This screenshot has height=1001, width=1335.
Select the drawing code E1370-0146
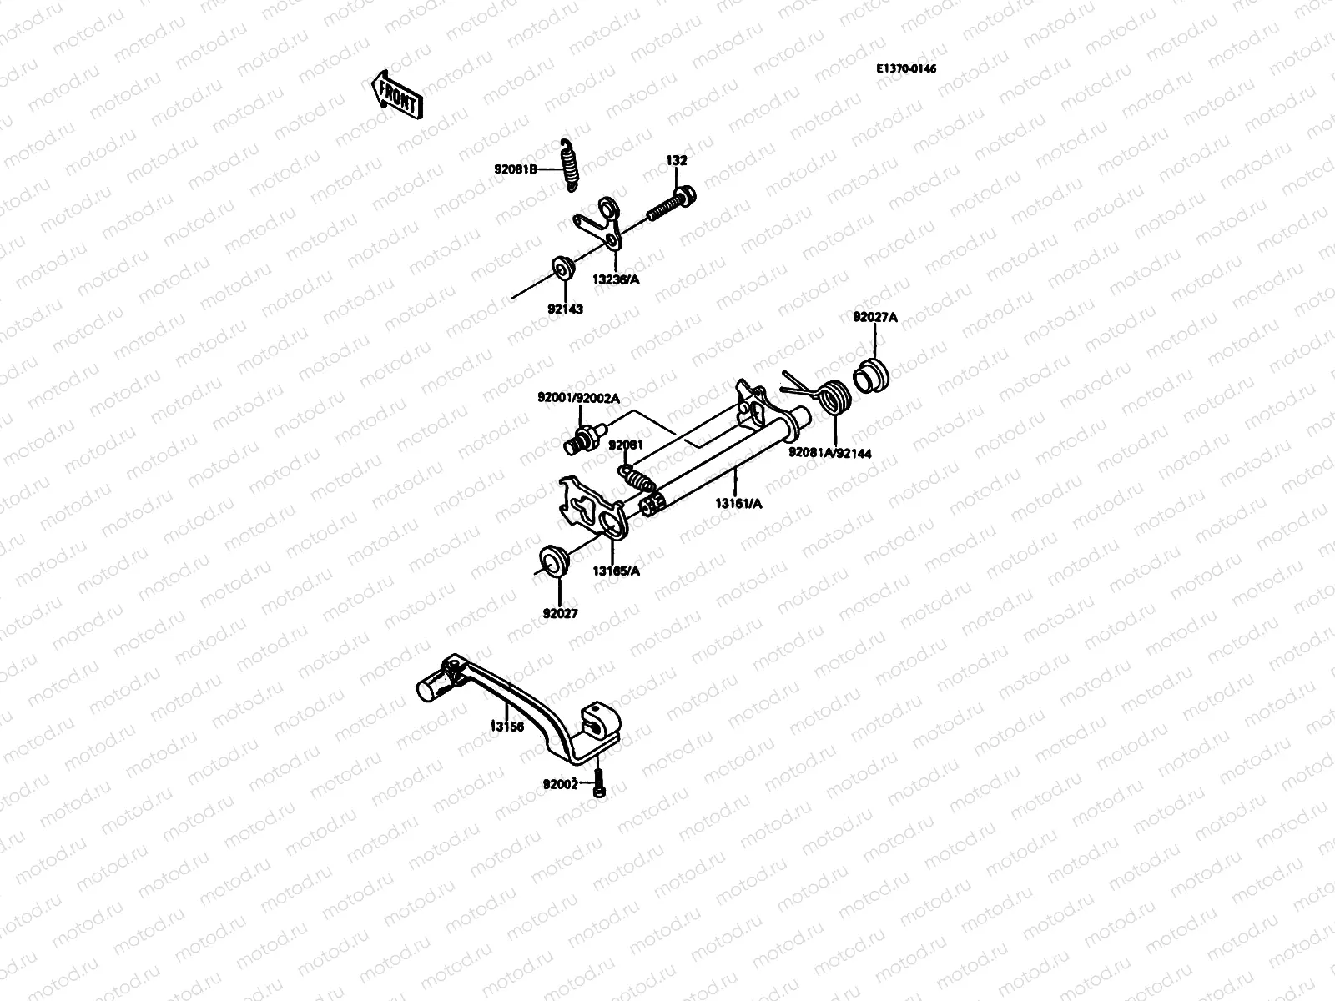(x=905, y=68)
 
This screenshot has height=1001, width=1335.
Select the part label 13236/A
(x=617, y=280)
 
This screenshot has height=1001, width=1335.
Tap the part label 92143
(x=565, y=309)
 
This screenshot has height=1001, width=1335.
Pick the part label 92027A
(x=874, y=317)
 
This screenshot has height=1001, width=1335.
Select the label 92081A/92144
(x=830, y=453)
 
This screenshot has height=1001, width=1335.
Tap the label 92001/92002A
(x=578, y=398)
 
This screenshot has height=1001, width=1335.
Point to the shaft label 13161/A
(x=738, y=502)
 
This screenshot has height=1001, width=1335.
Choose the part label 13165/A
(x=617, y=571)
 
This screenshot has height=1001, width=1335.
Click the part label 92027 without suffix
(x=560, y=613)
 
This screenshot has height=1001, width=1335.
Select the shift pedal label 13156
(x=506, y=726)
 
